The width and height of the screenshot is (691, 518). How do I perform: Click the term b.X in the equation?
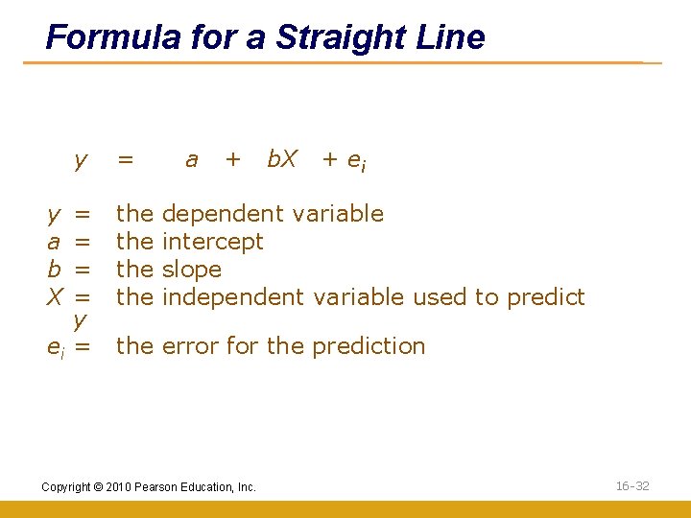pyautogui.click(x=281, y=159)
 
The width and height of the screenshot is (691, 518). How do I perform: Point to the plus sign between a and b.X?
pyautogui.click(x=232, y=160)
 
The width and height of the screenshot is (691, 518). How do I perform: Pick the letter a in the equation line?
pyautogui.click(x=191, y=160)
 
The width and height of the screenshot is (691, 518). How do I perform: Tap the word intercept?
pyautogui.click(x=213, y=242)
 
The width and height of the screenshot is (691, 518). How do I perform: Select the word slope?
pyautogui.click(x=192, y=270)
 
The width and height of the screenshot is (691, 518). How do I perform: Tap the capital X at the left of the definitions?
pyautogui.click(x=55, y=297)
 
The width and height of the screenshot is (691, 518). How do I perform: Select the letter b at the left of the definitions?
pyautogui.click(x=55, y=270)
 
